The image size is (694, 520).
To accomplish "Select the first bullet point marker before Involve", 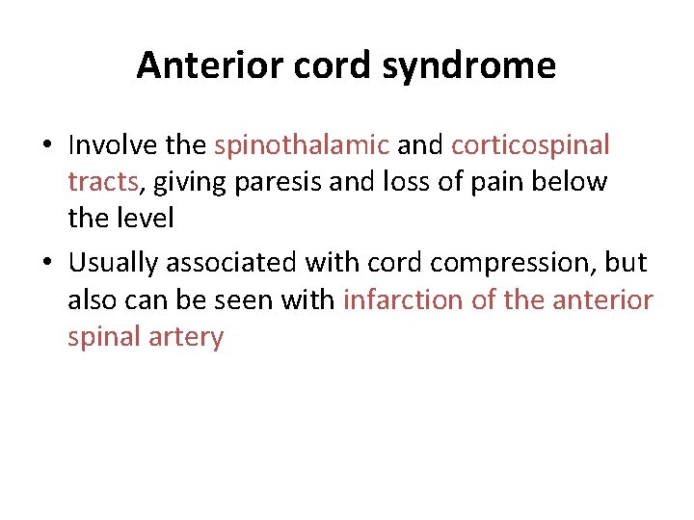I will tap(46, 146).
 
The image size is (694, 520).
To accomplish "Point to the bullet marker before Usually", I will tap(46, 264).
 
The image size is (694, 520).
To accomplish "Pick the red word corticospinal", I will tap(530, 145).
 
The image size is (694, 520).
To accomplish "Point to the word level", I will tap(147, 219).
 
